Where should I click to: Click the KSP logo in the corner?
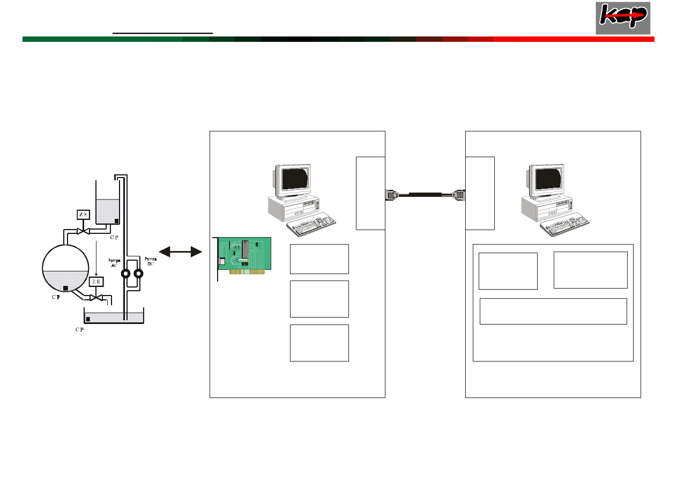pyautogui.click(x=622, y=18)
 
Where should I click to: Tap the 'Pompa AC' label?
pyautogui.click(x=113, y=262)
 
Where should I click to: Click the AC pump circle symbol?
pyautogui.click(x=126, y=273)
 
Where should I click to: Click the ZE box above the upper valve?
pyautogui.click(x=83, y=215)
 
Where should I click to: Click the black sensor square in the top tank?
pyautogui.click(x=116, y=220)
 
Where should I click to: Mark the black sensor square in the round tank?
pyautogui.click(x=65, y=289)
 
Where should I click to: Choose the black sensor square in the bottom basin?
pyautogui.click(x=88, y=319)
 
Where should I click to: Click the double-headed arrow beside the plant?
pyautogui.click(x=180, y=250)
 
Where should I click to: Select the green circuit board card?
pyautogui.click(x=244, y=256)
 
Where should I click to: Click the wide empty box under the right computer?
pyautogui.click(x=553, y=311)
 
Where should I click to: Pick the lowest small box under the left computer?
pyautogui.click(x=319, y=343)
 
